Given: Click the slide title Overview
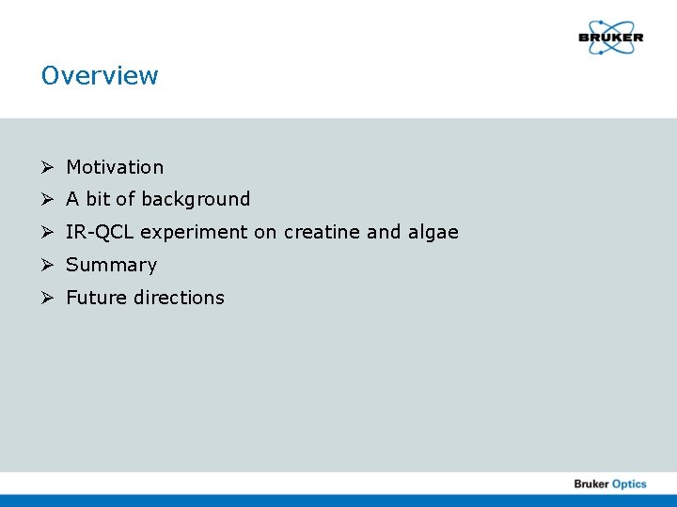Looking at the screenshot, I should pyautogui.click(x=100, y=75).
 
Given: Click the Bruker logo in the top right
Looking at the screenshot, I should pyautogui.click(x=610, y=38).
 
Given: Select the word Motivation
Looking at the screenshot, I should pyautogui.click(x=115, y=167).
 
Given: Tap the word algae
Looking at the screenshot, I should pyautogui.click(x=433, y=233).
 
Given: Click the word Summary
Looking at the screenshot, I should pyautogui.click(x=111, y=265).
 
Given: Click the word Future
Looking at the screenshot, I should pyautogui.click(x=94, y=298).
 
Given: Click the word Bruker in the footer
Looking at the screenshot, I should pyautogui.click(x=591, y=484).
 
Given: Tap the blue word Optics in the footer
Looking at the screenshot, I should pyautogui.click(x=630, y=484).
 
